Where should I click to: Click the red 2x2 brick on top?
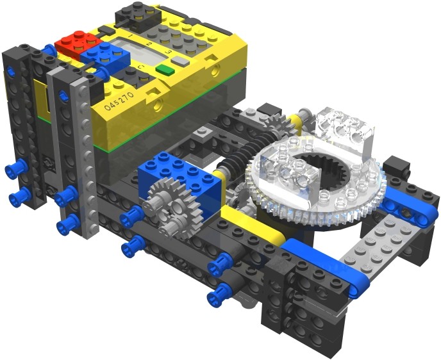76,43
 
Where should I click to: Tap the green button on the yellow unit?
164,69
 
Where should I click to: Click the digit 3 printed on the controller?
167,49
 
